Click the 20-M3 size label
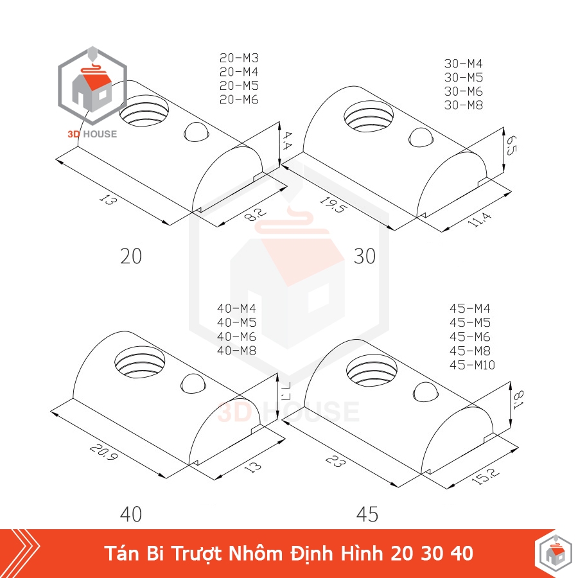(240, 58)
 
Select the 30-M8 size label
(463, 105)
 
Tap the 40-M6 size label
(236, 337)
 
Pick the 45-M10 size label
(472, 365)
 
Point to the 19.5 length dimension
(333, 205)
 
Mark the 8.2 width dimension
(255, 215)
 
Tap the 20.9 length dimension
(104, 452)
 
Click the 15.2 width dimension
(486, 476)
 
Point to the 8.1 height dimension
(518, 399)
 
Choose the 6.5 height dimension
(511, 146)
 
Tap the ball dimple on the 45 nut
(425, 392)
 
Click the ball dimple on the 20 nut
(197, 132)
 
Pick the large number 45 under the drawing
(367, 514)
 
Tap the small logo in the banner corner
(552, 554)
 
